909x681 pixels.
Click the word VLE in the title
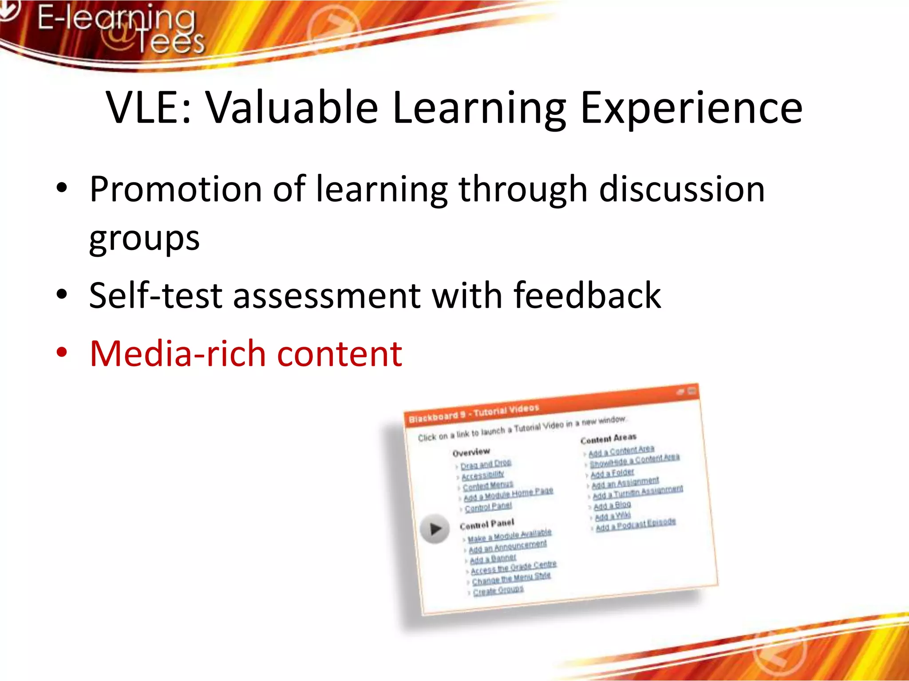click(x=145, y=108)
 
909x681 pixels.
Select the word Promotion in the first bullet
click(x=175, y=189)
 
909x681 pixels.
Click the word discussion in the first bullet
click(x=682, y=189)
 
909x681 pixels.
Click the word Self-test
click(x=155, y=296)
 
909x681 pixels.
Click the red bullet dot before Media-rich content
click(x=62, y=353)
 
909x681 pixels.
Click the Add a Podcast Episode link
click(x=636, y=524)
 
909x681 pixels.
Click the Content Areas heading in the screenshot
click(x=608, y=438)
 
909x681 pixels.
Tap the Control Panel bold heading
click(x=487, y=524)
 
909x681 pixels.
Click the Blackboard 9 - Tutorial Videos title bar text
click(x=474, y=413)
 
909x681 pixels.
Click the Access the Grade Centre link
click(x=514, y=567)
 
